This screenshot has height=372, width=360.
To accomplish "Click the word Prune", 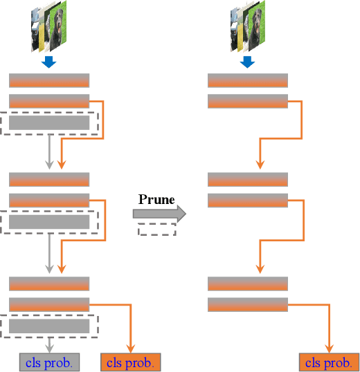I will [156, 199].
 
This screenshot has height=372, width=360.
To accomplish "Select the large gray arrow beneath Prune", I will [159, 214].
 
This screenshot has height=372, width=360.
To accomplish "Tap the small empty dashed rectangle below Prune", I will [156, 230].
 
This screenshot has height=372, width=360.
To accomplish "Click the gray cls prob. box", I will [48, 362].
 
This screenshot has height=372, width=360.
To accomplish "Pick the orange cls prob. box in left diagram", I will [131, 362].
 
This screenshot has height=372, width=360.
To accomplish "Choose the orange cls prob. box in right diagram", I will [329, 362].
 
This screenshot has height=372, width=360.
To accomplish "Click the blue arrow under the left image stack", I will [48, 63].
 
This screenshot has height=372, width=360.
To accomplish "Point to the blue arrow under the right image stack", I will [248, 63].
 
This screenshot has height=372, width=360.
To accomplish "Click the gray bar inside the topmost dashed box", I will [48, 123].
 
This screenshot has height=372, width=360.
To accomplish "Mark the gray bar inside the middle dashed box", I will [48, 222].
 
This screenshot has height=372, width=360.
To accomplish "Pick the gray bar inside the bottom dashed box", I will [48, 326].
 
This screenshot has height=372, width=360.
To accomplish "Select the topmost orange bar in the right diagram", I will [248, 80].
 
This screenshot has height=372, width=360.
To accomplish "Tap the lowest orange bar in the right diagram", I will [248, 304].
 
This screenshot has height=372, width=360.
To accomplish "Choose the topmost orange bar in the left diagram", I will [48, 80].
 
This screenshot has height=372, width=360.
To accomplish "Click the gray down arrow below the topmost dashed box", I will [48, 153].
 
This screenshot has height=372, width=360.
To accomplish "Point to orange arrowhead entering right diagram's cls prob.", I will [329, 348].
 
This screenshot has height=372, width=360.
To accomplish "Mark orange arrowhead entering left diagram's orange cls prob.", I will [131, 348].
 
